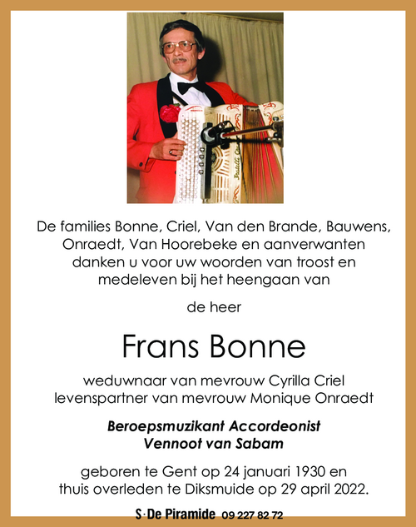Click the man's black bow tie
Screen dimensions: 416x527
[190, 86]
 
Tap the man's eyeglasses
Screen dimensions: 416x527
[181, 47]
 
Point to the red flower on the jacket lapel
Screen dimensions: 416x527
[170, 113]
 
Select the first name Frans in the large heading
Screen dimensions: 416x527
[159, 346]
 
